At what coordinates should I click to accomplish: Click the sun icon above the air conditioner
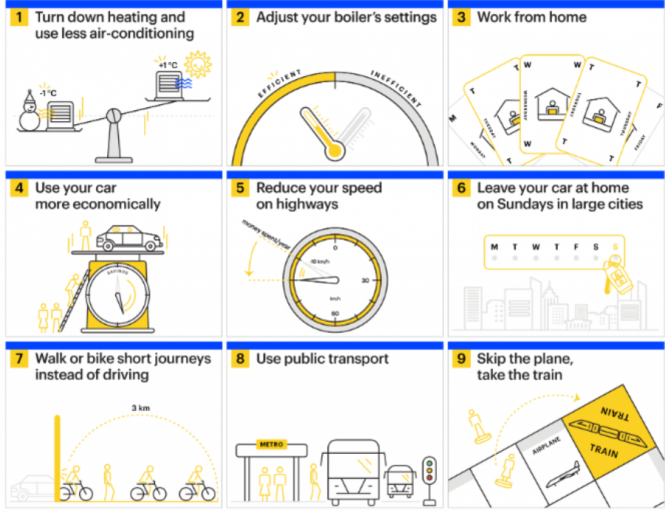(197, 64)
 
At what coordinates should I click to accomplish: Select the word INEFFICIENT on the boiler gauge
(395, 89)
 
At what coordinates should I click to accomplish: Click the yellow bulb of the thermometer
(336, 151)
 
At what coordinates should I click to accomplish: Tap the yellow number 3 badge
(462, 17)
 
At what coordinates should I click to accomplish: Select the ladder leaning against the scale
(76, 302)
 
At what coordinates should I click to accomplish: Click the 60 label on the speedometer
(335, 313)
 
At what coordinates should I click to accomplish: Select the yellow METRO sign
(270, 444)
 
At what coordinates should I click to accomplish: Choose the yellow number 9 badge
(462, 359)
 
